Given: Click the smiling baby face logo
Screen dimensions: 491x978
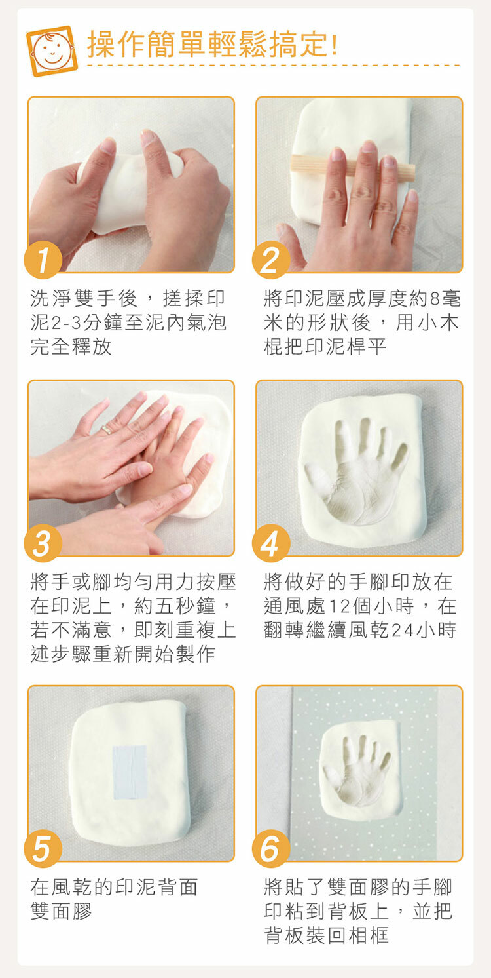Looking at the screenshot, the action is [52, 50].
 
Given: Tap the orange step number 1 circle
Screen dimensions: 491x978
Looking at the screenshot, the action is [43, 260].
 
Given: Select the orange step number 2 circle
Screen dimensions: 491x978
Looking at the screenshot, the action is [271, 260].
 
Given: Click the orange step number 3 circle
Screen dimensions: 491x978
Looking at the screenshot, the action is [43, 543].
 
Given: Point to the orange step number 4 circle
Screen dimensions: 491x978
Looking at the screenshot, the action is [271, 543].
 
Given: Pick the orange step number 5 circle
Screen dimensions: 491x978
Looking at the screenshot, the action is [43, 848].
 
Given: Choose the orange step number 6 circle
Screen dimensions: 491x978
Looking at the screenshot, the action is [271, 848].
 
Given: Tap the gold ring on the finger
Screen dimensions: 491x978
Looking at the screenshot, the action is [106, 430].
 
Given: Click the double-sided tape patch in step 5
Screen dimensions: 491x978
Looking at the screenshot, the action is [130, 772].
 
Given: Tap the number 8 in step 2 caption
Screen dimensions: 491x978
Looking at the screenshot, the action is [435, 299].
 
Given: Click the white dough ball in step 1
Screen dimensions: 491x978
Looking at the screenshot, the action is [129, 187].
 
